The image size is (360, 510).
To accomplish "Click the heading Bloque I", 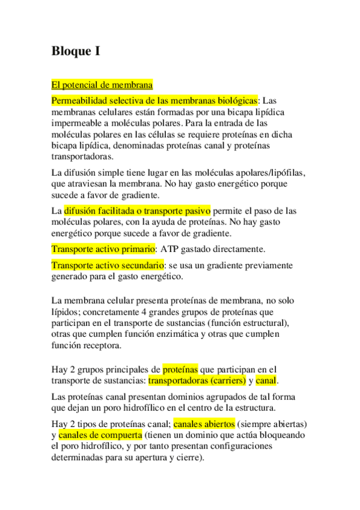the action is click(x=75, y=51).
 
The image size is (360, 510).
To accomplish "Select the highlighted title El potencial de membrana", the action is click(x=102, y=85).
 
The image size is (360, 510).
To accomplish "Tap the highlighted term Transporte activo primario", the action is click(x=103, y=249).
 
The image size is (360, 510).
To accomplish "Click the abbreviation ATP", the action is click(x=170, y=249).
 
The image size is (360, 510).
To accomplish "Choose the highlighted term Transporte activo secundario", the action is click(x=108, y=265).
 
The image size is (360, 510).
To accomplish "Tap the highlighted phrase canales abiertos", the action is click(x=204, y=423).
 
